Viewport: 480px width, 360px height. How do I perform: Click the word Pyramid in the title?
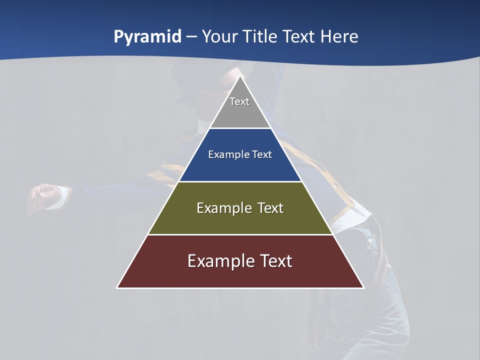coord(147,37)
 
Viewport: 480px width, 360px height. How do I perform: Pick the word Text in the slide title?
coord(300,37)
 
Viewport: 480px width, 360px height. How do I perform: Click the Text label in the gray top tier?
coord(239,101)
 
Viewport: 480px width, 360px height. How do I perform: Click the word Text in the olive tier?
coord(270,208)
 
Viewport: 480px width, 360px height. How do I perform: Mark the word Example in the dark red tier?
coord(219,261)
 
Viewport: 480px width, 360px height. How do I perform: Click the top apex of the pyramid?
coord(240,76)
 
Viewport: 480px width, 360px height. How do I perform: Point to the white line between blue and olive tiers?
coord(240,181)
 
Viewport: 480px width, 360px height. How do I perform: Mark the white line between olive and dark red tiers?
coord(240,234)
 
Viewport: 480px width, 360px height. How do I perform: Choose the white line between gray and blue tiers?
coord(240,128)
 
